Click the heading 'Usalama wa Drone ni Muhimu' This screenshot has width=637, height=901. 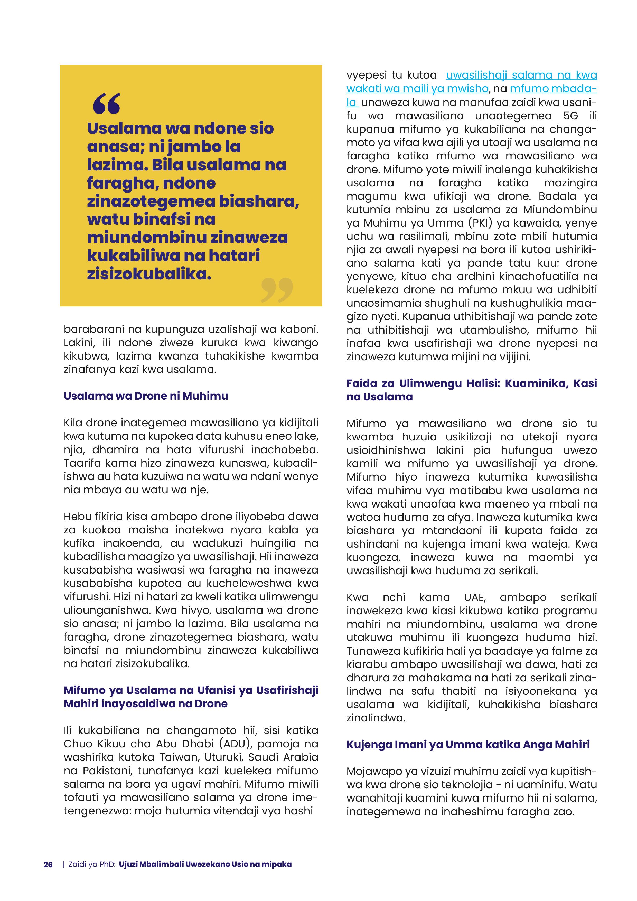point(146,396)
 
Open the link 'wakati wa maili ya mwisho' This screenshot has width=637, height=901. point(417,89)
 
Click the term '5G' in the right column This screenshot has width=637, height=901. point(571,116)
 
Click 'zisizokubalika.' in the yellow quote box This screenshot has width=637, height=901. point(149,274)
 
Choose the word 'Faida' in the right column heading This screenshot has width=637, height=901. point(361,383)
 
